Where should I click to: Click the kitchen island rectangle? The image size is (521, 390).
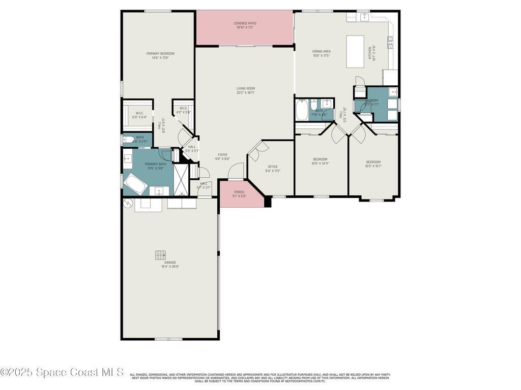click(x=355, y=51)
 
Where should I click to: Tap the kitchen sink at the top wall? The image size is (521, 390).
click(x=364, y=17)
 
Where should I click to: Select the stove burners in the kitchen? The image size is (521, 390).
click(x=391, y=42)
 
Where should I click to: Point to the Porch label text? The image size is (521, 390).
click(x=239, y=193)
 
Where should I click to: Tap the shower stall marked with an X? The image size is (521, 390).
click(x=181, y=179)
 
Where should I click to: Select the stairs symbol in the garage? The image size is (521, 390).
click(x=161, y=254)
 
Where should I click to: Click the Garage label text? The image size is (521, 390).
click(x=170, y=264)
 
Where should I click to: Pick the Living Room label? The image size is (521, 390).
click(x=246, y=90)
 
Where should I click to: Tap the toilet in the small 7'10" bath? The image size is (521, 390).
click(x=314, y=105)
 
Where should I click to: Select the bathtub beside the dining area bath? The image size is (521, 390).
click(x=302, y=110)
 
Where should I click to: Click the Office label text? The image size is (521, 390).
click(x=273, y=169)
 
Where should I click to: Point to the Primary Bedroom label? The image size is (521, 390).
click(x=160, y=55)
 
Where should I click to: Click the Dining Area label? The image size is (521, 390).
click(x=322, y=53)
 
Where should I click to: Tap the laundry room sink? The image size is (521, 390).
click(x=392, y=92)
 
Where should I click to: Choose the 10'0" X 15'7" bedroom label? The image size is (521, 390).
click(x=373, y=164)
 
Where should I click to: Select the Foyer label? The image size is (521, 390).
click(x=222, y=156)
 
